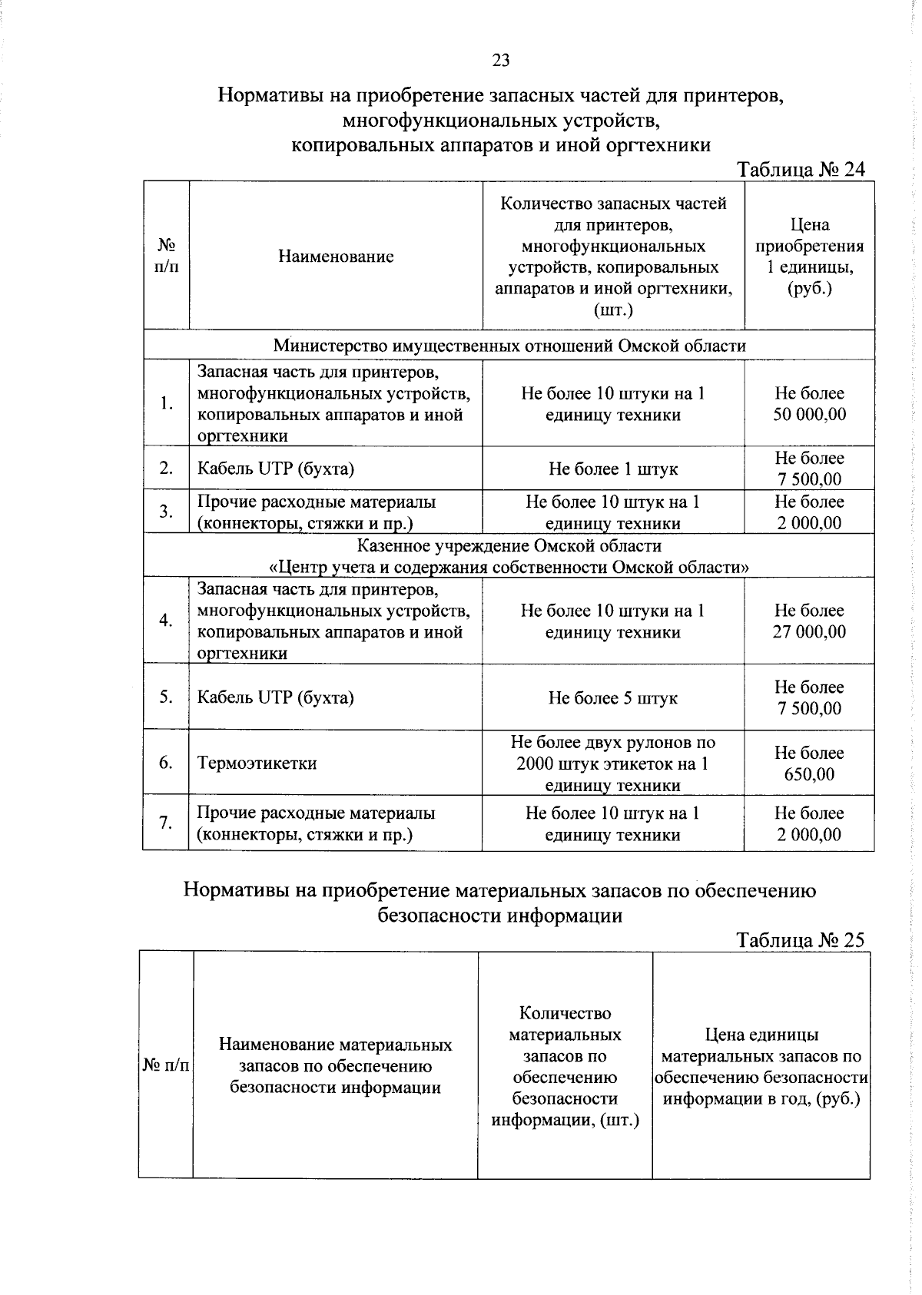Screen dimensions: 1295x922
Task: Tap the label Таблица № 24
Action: (x=801, y=170)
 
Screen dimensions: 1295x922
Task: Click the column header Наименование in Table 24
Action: (x=336, y=257)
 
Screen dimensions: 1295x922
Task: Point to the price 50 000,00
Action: (x=809, y=415)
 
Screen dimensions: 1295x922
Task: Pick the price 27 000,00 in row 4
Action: (x=809, y=632)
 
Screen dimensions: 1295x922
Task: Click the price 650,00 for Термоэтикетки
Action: (x=809, y=774)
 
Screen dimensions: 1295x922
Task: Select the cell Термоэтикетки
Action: (x=257, y=763)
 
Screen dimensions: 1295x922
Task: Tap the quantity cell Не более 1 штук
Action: (x=612, y=469)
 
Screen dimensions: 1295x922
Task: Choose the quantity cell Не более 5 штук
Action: (x=612, y=698)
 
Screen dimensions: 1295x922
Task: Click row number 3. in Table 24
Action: (x=166, y=512)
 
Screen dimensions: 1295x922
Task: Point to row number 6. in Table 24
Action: (x=166, y=763)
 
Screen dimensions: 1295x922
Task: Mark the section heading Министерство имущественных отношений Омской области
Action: (x=509, y=346)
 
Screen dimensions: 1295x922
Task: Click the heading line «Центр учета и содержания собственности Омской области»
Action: (x=509, y=568)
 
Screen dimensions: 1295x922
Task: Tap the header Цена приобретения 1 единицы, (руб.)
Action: (x=809, y=257)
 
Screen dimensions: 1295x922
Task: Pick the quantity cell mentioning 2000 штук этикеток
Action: (x=612, y=763)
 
